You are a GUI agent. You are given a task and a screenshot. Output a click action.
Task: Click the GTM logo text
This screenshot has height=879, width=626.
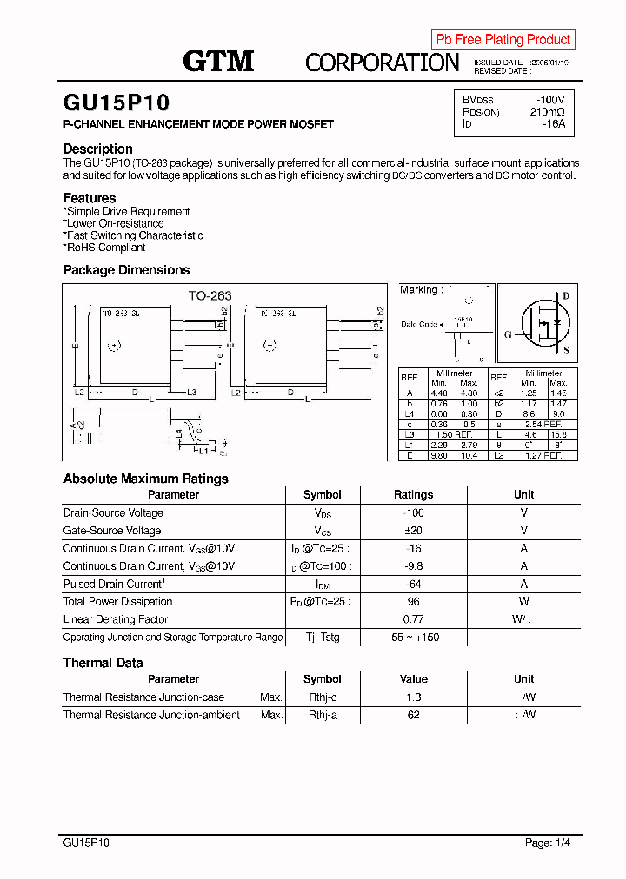click(x=218, y=60)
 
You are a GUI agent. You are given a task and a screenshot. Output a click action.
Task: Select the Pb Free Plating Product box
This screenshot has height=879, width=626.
click(x=503, y=39)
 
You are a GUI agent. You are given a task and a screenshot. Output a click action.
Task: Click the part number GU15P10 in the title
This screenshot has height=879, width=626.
click(x=117, y=103)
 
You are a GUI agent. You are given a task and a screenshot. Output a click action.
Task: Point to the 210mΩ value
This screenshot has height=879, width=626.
click(x=547, y=111)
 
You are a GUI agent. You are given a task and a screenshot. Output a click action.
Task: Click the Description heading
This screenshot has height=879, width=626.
click(x=98, y=149)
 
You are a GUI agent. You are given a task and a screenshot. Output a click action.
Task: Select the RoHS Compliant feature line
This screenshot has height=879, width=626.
click(x=105, y=248)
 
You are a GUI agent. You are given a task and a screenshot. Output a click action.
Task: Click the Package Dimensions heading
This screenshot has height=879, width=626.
click(x=126, y=270)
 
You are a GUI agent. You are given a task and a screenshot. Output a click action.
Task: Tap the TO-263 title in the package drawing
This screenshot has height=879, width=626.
click(x=210, y=295)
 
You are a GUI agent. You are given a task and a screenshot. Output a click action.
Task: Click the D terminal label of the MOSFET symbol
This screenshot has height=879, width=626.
click(x=565, y=296)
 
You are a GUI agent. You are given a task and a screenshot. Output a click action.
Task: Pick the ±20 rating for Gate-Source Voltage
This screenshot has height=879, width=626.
click(x=413, y=531)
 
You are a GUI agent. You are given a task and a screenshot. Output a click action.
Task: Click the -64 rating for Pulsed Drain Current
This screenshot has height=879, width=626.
click(x=413, y=584)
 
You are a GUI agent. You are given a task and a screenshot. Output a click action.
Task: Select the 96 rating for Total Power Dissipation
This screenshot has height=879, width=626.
click(x=413, y=601)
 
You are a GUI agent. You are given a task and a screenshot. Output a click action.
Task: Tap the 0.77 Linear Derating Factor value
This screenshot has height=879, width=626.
click(x=413, y=619)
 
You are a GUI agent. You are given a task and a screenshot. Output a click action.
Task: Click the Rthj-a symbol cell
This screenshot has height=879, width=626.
click(x=323, y=715)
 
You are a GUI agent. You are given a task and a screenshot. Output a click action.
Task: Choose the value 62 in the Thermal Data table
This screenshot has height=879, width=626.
click(x=413, y=715)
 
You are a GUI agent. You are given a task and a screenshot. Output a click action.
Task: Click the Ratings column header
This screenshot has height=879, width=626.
click(x=413, y=494)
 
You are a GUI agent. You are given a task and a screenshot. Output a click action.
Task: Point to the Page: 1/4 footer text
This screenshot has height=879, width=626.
click(x=548, y=843)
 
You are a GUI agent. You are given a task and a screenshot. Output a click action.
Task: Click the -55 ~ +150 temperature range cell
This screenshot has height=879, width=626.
click(x=413, y=638)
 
